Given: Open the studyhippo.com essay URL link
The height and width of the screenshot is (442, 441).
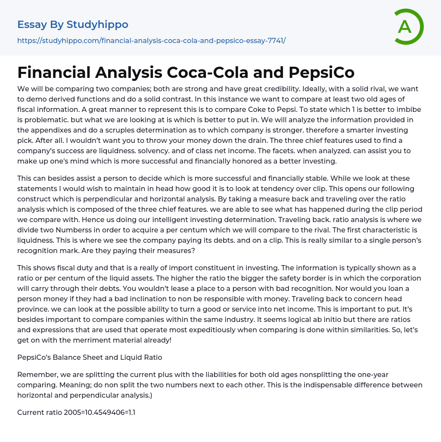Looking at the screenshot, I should [x=151, y=41].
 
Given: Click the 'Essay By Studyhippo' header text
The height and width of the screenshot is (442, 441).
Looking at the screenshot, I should [x=73, y=25].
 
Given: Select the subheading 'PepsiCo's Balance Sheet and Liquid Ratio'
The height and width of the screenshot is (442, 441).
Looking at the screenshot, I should [x=90, y=357].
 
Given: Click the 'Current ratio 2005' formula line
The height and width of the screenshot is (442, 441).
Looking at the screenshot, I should [x=76, y=412].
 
